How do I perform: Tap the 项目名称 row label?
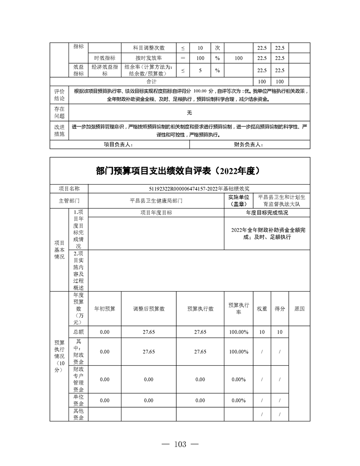[69, 189]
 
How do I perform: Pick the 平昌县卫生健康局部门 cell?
[156, 201]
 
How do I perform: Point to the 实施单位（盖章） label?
[239, 201]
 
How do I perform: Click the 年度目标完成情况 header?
[267, 212]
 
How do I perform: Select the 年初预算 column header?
[105, 309]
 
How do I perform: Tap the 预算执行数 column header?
[200, 309]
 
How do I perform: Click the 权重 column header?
[262, 309]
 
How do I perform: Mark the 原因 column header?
[299, 309]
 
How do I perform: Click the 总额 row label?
[79, 332]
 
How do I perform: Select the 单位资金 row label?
[79, 401]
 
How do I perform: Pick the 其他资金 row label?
[79, 414]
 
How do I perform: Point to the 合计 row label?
[152, 82]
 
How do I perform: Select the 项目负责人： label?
[117, 144]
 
